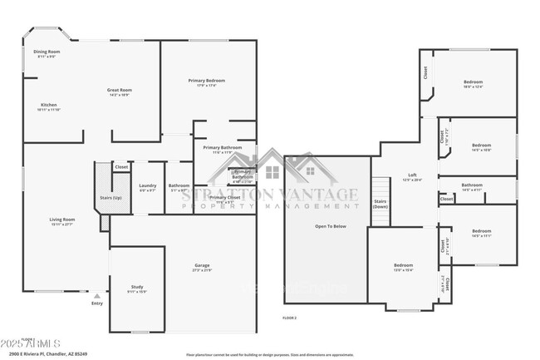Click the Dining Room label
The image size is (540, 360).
coord(47,52)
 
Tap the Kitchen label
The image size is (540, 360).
coord(49,105)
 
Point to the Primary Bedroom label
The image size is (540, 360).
coord(206,81)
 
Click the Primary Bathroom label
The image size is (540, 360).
coord(222,148)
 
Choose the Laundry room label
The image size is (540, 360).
coord(148,185)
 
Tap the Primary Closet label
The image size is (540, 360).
coord(224,198)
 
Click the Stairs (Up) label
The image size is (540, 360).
coord(110,198)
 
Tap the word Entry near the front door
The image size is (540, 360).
coord(97,303)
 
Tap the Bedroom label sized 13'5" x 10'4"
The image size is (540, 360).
coord(403,265)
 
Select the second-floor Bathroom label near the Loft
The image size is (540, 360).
coord(472,185)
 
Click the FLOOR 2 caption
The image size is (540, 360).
coord(289,318)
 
